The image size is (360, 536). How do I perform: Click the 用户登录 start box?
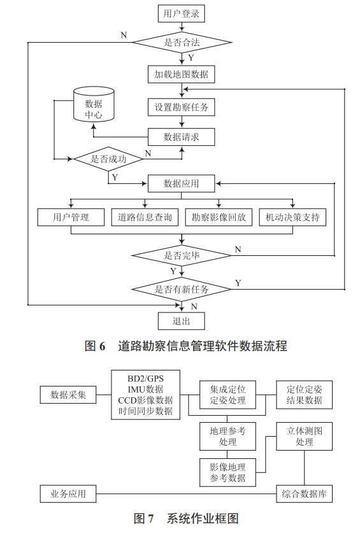pyautogui.click(x=182, y=13)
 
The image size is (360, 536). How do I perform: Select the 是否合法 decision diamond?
pyautogui.click(x=182, y=43)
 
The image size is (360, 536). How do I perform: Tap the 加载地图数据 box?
pyautogui.click(x=182, y=74)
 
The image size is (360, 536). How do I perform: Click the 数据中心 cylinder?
pyautogui.click(x=94, y=106)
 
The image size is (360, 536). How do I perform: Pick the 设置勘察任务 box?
pyautogui.click(x=182, y=106)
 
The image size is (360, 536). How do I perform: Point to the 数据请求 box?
pyautogui.click(x=182, y=137)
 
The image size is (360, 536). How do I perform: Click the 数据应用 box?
pyautogui.click(x=182, y=184)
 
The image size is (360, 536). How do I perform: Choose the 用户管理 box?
pyautogui.click(x=70, y=217)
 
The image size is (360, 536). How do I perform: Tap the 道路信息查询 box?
pyautogui.click(x=145, y=217)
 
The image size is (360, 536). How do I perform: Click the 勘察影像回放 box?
pyautogui.click(x=219, y=217)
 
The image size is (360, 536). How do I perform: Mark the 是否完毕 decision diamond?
pyautogui.click(x=182, y=256)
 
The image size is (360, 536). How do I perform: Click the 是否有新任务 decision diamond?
pyautogui.click(x=182, y=288)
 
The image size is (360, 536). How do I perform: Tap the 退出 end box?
pyautogui.click(x=182, y=320)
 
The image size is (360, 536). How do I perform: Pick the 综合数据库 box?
pyautogui.click(x=303, y=494)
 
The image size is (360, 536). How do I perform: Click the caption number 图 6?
pyautogui.click(x=94, y=346)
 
